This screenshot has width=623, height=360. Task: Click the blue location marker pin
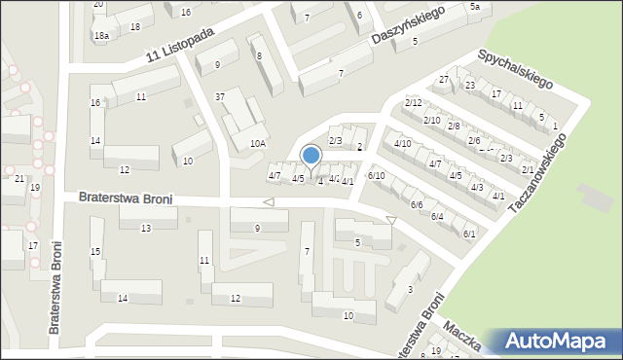[311, 156]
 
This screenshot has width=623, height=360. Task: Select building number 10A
[257, 143]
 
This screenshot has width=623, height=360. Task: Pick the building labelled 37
[220, 96]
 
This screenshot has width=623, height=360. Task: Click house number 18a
[101, 35]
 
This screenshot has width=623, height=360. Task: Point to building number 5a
[475, 7]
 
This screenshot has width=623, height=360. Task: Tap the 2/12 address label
[413, 103]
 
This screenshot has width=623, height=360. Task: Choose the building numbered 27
[444, 79]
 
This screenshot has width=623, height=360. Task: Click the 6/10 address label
[376, 175]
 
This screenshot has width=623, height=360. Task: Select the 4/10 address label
[402, 144]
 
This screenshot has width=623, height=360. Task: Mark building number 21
[19, 178]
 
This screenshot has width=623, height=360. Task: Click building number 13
[145, 228]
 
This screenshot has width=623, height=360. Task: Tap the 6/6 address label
[416, 204]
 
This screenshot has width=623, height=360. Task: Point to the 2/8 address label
[453, 126]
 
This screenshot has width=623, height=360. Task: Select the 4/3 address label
[476, 187]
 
